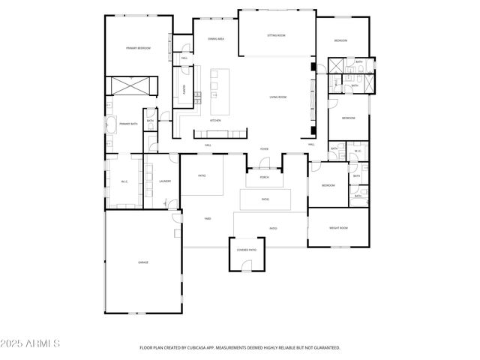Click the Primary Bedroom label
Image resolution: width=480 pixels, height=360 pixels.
point(138,48)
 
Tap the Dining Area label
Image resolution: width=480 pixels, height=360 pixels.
point(216,38)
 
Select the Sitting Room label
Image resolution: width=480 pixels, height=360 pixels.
point(276,35)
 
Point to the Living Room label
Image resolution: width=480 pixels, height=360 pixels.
point(279,97)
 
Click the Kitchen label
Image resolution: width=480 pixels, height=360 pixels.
point(215,120)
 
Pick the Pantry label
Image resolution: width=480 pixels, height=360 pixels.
point(182,88)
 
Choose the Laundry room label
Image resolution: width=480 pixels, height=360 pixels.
point(165,181)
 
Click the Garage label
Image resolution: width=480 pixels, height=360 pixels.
point(142,262)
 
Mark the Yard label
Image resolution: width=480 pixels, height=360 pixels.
point(207,218)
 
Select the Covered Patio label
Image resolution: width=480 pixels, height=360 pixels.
point(247,249)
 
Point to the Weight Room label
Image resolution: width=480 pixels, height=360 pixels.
point(338,228)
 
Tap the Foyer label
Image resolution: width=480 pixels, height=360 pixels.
point(264,149)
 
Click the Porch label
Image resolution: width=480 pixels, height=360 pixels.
point(264,178)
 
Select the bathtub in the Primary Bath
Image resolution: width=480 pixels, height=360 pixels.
point(110,124)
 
